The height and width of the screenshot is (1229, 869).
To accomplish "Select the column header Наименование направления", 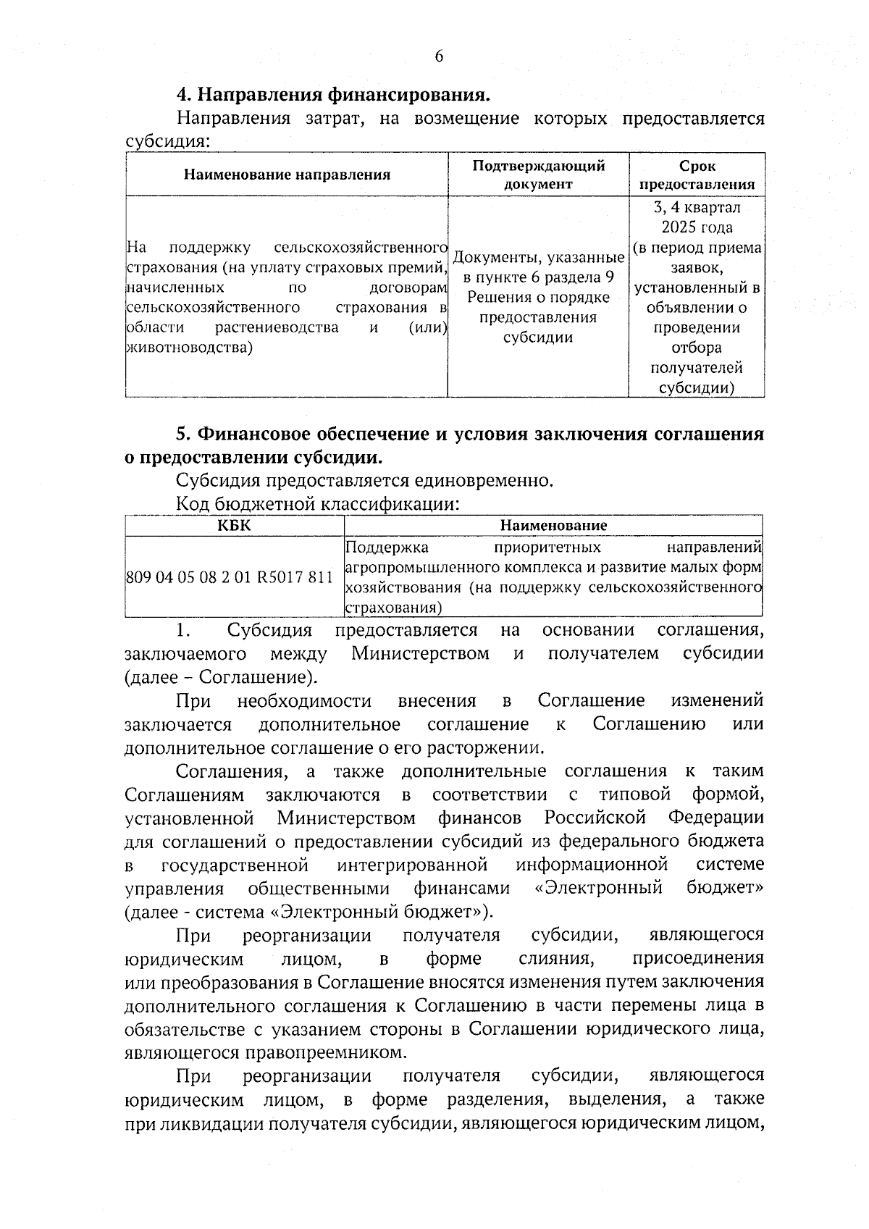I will coord(287,175).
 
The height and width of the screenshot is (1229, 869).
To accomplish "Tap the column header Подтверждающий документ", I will coord(538,175).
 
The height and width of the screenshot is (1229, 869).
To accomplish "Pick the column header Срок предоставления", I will coord(697,175).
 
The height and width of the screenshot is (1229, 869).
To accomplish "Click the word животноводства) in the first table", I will coord(190,348).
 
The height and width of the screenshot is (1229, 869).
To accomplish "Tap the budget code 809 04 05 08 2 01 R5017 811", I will coord(230,577).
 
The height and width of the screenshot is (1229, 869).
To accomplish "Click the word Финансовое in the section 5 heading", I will coord(254,434).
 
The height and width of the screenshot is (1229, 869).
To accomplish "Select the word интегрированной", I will coord(412,865).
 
